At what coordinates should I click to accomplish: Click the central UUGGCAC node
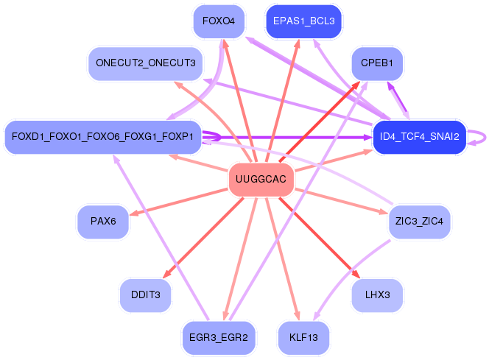[261, 180]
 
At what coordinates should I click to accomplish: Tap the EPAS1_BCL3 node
[303, 21]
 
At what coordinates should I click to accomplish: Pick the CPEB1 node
[378, 63]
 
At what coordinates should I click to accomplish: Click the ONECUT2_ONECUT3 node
[145, 63]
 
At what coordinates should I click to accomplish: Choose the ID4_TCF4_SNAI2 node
[419, 137]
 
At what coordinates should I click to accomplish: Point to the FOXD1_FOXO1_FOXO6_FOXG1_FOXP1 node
[102, 137]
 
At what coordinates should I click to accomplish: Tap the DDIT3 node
[145, 295]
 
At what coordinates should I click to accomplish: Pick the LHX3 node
[378, 295]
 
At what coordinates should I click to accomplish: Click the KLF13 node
[303, 338]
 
